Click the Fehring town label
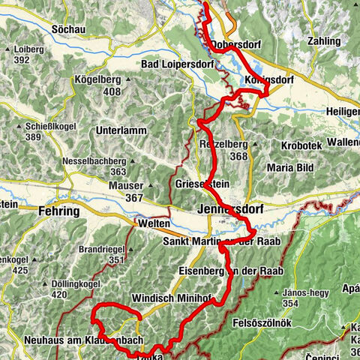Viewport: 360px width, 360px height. pos(58,211)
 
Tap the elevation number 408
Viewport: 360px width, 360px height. pos(112,91)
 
